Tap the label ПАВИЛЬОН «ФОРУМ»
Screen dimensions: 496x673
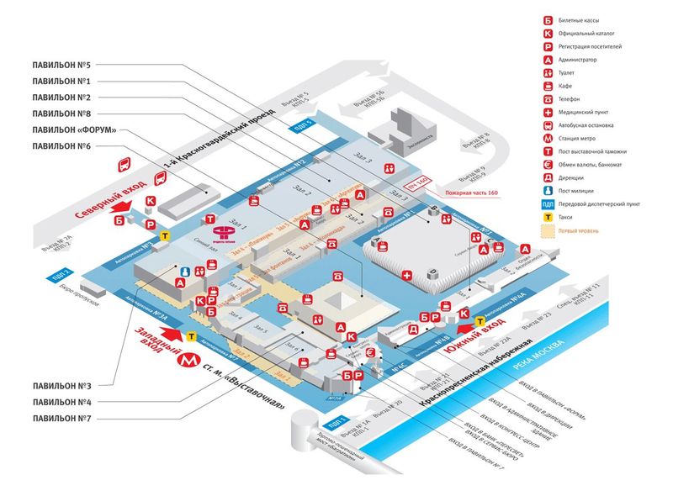point(72,129)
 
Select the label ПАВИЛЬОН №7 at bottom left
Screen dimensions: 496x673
point(61,418)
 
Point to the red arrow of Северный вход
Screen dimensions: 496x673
point(122,204)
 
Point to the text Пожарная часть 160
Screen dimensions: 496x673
point(467,193)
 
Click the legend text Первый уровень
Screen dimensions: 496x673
point(576,230)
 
